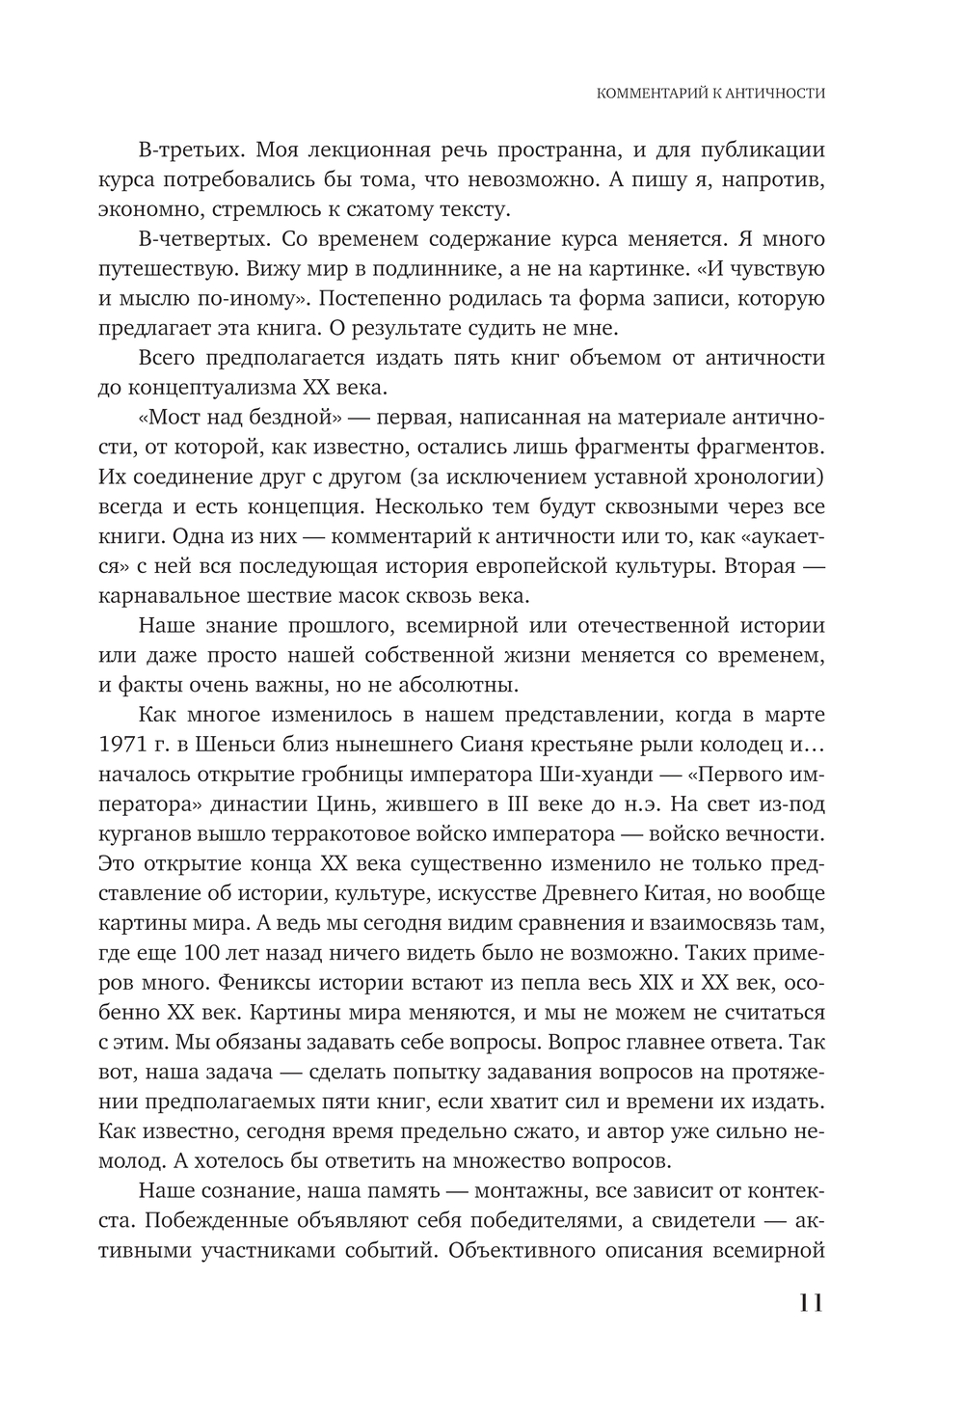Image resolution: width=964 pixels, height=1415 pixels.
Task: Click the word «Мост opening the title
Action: tap(174, 419)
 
